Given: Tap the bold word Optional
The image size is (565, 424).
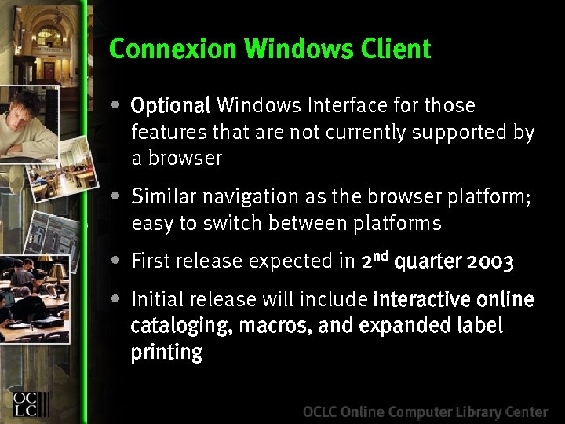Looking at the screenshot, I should [x=170, y=106].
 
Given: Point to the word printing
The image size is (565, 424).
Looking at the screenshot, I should [x=166, y=353].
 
